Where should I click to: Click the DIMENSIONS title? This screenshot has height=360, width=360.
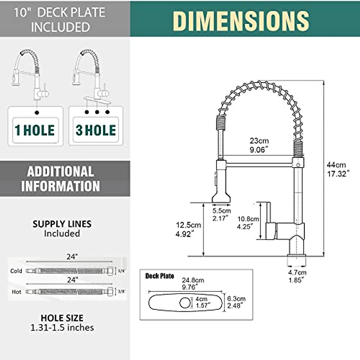[x=241, y=21]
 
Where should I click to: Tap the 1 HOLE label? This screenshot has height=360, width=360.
[x=35, y=130]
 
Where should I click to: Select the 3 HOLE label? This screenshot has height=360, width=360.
[x=96, y=130]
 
